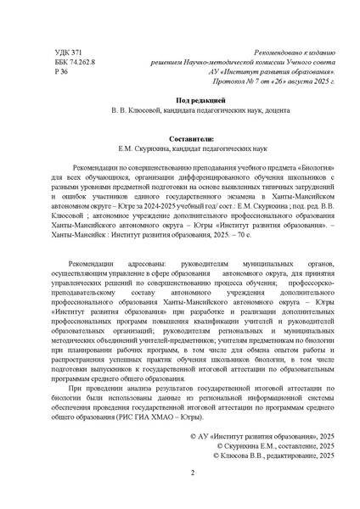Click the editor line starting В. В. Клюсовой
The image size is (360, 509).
pos(179,110)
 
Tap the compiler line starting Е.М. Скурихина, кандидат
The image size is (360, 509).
pos(179,145)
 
